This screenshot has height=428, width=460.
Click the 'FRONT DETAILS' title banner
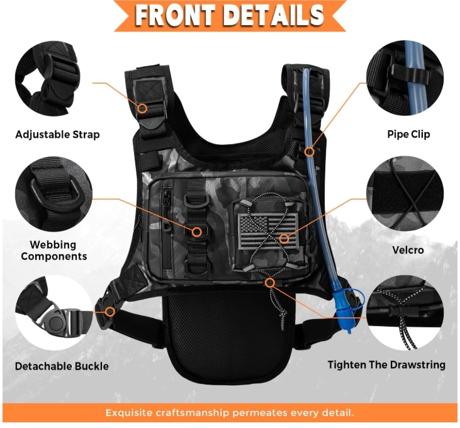tap(230, 15)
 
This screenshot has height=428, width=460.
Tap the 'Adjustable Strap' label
tap(57, 135)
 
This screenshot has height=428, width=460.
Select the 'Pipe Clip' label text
tap(408, 134)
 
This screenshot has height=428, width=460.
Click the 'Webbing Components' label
tap(54, 251)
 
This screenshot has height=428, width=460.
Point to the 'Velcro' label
tap(408, 250)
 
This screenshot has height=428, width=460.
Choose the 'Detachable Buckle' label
tap(62, 366)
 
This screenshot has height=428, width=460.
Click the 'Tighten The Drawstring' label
tap(386, 365)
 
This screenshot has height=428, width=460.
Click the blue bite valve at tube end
tap(345, 310)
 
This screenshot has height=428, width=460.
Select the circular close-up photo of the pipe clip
tap(405, 77)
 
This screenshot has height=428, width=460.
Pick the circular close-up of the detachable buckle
tap(53, 313)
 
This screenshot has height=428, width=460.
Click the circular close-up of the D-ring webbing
tap(53, 194)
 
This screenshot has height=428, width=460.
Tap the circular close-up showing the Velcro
tap(405, 194)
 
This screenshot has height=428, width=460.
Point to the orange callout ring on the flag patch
tap(283, 239)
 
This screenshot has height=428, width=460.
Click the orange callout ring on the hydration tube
tap(309, 152)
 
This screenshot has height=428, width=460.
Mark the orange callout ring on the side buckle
tap(110, 312)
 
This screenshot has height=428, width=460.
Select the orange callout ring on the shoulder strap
tap(143, 108)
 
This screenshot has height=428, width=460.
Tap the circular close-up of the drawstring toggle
tap(405, 313)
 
